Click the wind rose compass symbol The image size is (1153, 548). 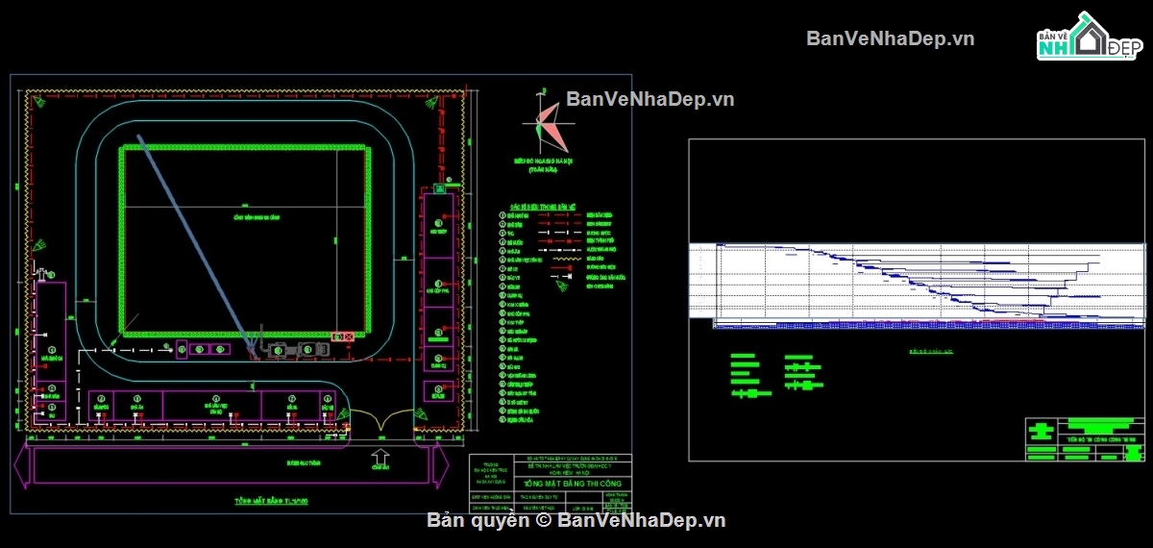click(x=544, y=120)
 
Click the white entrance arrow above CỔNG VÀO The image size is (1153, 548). click(x=380, y=457)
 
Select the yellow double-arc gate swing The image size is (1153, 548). click(x=381, y=420)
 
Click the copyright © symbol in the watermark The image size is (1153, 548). click(x=543, y=520)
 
